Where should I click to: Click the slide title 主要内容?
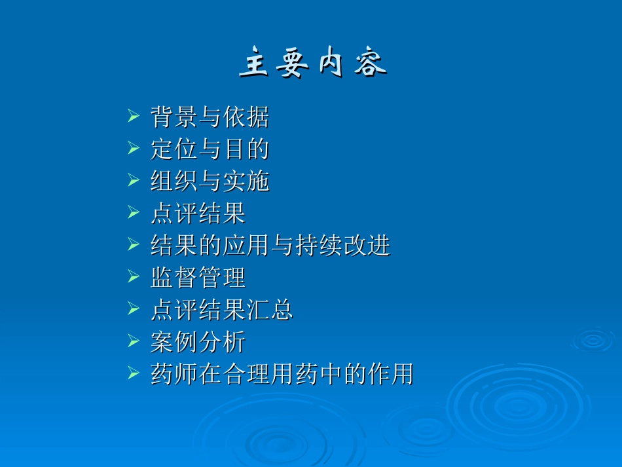pyautogui.click(x=312, y=64)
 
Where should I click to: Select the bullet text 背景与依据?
pyautogui.click(x=210, y=118)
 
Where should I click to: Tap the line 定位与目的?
pyautogui.click(x=210, y=150)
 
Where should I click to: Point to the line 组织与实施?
pyautogui.click(x=210, y=182)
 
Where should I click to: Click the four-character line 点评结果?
pyautogui.click(x=198, y=214)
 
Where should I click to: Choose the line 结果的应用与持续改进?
pyautogui.click(x=270, y=246)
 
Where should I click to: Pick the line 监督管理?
pyautogui.click(x=198, y=278)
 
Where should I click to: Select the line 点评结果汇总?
pyautogui.click(x=221, y=310)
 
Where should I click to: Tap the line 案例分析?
pyautogui.click(x=198, y=342)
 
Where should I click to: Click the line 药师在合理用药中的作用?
pyautogui.click(x=282, y=374)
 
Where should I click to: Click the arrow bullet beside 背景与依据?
pyautogui.click(x=134, y=118)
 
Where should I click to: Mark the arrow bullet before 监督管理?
pyautogui.click(x=134, y=278)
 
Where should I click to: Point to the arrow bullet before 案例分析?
pyautogui.click(x=134, y=342)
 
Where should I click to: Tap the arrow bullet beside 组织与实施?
pyautogui.click(x=134, y=182)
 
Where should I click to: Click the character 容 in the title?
pyautogui.click(x=371, y=64)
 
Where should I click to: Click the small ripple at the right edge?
pyautogui.click(x=593, y=340)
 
